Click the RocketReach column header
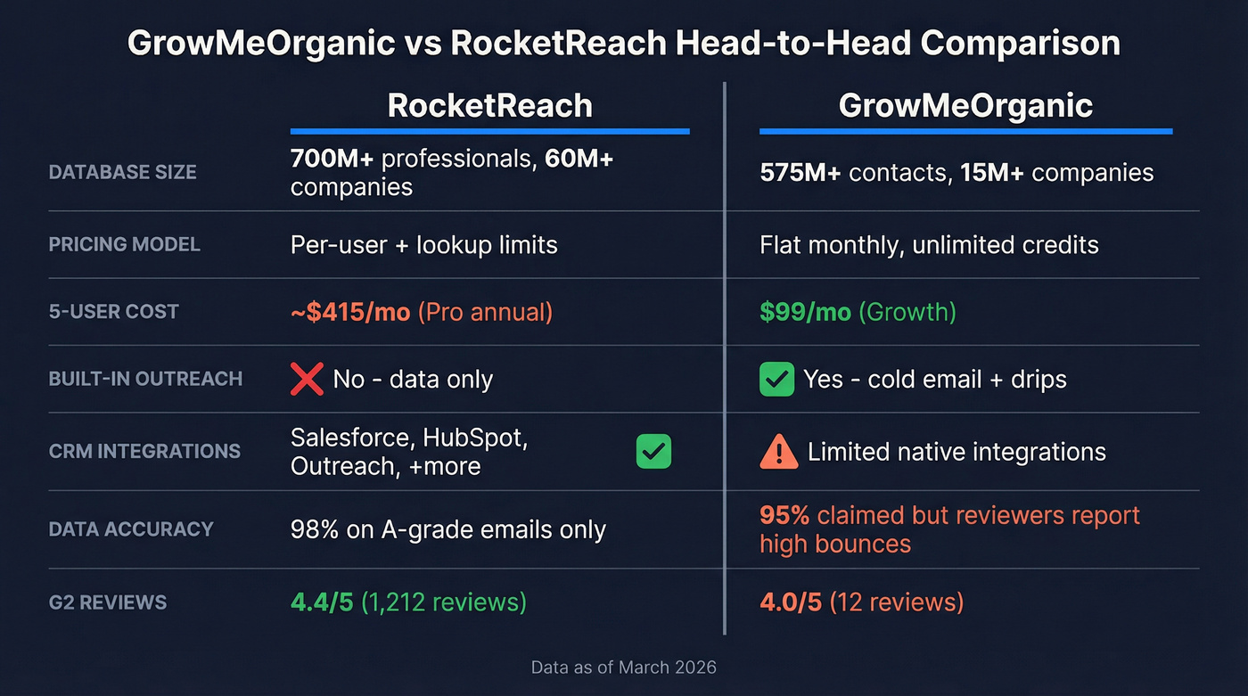[489, 106]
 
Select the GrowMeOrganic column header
[965, 106]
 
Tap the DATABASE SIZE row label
[122, 172]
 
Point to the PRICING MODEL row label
[124, 244]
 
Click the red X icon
[307, 379]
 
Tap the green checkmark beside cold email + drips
[776, 379]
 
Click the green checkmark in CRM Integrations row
[653, 452]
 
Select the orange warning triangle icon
[778, 452]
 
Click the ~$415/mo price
[350, 312]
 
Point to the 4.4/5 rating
[322, 602]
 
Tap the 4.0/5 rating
[791, 602]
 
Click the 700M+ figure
[331, 159]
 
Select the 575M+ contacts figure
[800, 172]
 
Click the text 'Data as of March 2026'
[623, 667]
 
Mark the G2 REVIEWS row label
[108, 602]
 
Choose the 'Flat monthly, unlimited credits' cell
[929, 244]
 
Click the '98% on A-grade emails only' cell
[448, 529]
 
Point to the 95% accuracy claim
[784, 515]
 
